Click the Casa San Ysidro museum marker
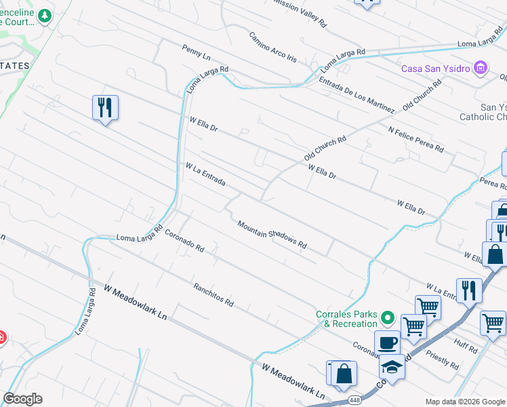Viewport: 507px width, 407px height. coord(481,67)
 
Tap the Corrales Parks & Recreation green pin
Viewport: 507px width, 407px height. coord(387,317)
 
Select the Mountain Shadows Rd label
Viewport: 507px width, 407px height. coord(272,234)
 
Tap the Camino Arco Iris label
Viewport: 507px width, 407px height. coord(272,47)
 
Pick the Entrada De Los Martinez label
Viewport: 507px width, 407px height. coord(357,95)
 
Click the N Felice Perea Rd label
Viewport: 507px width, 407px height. coord(415,138)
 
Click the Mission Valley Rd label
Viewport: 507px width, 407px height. coord(299,12)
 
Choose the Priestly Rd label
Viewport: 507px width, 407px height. coord(442,359)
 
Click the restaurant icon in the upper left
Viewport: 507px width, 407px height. coord(105,108)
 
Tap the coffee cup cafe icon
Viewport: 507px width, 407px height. coord(387,343)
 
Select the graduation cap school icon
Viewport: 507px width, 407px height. coord(391,367)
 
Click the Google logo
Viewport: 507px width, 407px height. coord(22,399)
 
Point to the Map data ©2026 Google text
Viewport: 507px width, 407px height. coord(464,402)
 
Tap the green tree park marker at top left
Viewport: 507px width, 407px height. coord(45,15)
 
